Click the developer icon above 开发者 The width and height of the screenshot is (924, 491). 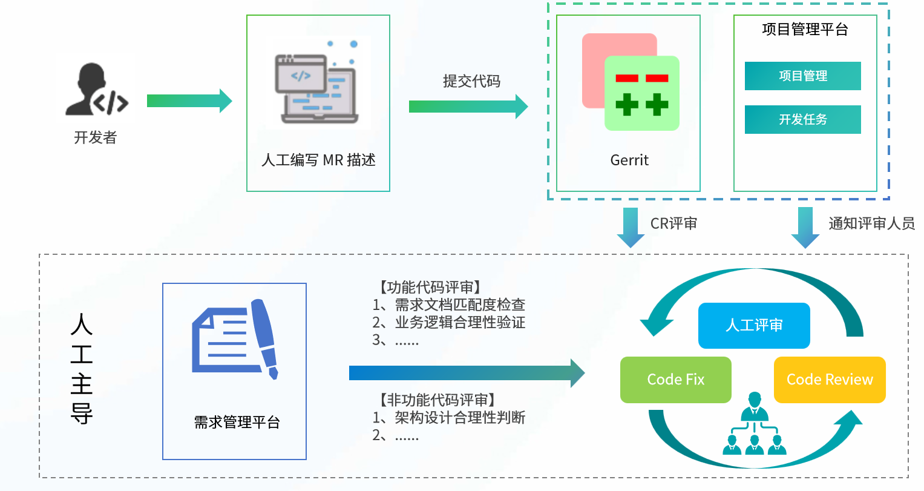[x=96, y=89]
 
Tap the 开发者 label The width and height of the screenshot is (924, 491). [x=95, y=138]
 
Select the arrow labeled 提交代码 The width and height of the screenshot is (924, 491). [x=468, y=107]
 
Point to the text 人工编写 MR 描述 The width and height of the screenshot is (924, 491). [x=318, y=160]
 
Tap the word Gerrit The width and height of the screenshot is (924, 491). [x=629, y=160]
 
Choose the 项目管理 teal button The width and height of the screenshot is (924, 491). [x=802, y=76]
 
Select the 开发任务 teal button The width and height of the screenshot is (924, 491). [x=802, y=120]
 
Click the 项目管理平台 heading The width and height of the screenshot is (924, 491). [x=805, y=30]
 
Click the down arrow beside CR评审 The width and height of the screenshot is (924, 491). [x=631, y=227]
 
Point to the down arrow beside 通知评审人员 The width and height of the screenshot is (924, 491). [x=805, y=227]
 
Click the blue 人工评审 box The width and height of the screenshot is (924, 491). [x=754, y=326]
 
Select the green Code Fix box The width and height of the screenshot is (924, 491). [x=676, y=380]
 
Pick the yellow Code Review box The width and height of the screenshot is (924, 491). [x=830, y=380]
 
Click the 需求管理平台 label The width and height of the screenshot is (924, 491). [x=237, y=422]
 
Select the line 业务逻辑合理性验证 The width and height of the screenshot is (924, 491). [x=459, y=323]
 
